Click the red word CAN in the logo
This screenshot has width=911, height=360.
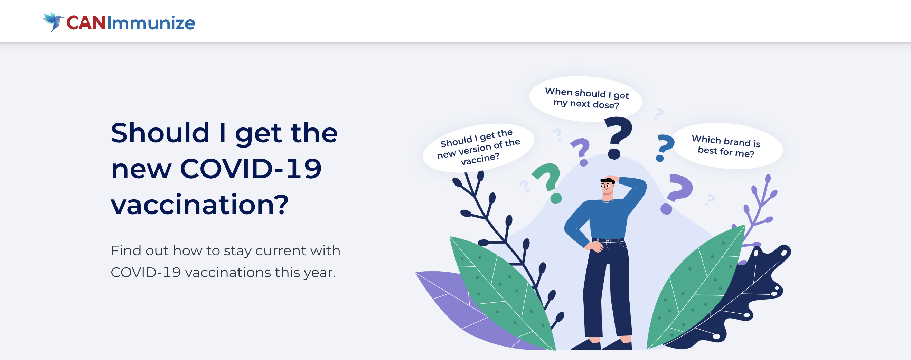[86, 23]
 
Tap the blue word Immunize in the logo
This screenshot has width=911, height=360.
[151, 23]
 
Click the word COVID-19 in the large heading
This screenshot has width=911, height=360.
[251, 169]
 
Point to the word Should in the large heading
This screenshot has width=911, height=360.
[160, 133]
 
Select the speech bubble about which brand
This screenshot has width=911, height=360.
[727, 146]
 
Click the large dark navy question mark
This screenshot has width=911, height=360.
[617, 138]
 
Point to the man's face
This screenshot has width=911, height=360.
[607, 187]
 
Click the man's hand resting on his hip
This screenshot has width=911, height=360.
[595, 246]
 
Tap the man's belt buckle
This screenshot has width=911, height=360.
[608, 240]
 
